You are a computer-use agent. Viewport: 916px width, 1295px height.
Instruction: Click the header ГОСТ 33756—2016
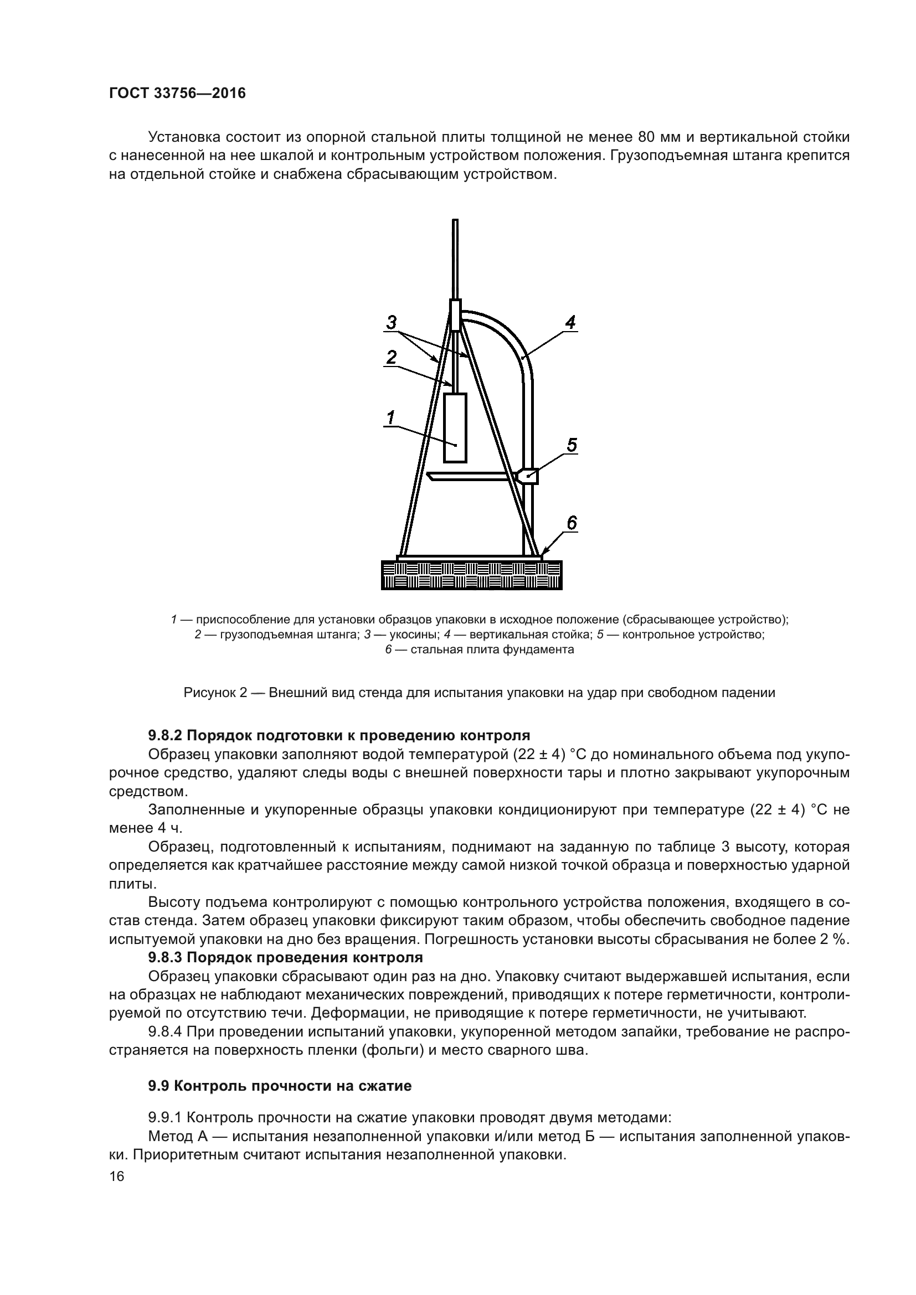pyautogui.click(x=177, y=93)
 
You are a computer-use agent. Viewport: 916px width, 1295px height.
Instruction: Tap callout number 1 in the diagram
pyautogui.click(x=390, y=417)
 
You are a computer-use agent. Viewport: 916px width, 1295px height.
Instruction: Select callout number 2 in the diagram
pyautogui.click(x=391, y=357)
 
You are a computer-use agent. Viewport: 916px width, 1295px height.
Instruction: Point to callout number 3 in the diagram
pyautogui.click(x=392, y=323)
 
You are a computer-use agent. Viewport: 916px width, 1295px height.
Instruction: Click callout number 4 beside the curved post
pyautogui.click(x=570, y=323)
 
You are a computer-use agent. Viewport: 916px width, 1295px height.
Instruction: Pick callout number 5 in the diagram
pyautogui.click(x=572, y=446)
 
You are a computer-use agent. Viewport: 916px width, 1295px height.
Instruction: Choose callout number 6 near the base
pyautogui.click(x=572, y=523)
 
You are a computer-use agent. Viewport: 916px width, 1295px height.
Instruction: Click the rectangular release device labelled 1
pyautogui.click(x=455, y=427)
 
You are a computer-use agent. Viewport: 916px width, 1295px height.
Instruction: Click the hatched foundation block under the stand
pyautogui.click(x=471, y=575)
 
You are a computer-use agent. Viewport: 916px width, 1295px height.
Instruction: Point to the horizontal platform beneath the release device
pyautogui.click(x=471, y=477)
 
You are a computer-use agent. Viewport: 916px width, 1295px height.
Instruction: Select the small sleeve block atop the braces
pyautogui.click(x=455, y=314)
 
